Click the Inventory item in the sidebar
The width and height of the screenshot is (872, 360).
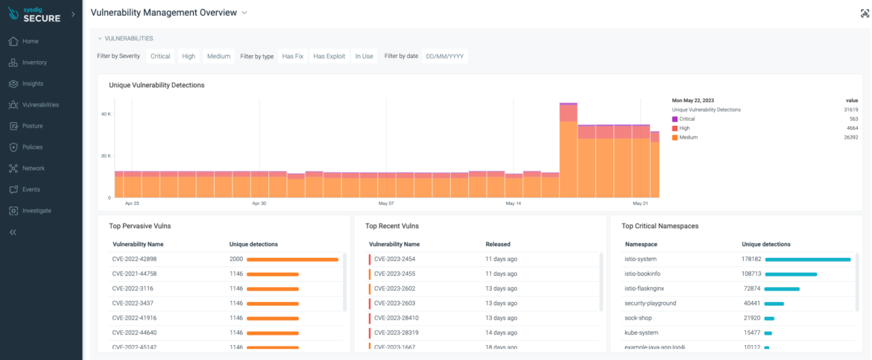point(34,63)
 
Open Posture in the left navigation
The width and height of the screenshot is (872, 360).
point(33,126)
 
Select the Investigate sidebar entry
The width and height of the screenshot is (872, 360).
point(37,211)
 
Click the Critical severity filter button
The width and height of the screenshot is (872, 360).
point(160,56)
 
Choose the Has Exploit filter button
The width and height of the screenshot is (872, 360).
point(329,56)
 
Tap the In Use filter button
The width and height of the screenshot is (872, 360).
point(364,56)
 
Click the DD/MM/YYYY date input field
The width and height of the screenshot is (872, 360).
point(445,56)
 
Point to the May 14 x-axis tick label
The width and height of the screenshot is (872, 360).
point(514,203)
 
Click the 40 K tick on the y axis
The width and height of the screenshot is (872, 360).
point(106,113)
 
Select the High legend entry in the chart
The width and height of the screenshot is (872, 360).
point(686,128)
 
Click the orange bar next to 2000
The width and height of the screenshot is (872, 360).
point(292,259)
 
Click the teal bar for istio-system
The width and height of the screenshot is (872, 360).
point(807,259)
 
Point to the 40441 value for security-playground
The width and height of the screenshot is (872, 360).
point(751,303)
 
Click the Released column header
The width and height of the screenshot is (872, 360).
point(498,244)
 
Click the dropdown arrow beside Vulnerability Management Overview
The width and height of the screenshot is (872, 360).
point(244,13)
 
